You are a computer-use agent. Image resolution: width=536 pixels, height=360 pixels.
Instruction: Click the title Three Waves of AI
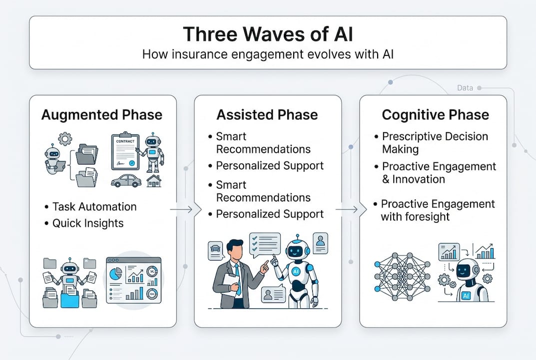click(268, 34)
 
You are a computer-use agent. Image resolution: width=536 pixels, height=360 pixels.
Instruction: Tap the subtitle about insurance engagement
click(268, 54)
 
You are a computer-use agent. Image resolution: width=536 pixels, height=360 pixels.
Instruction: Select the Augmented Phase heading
click(102, 114)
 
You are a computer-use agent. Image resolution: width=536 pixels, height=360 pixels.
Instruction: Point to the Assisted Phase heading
click(267, 114)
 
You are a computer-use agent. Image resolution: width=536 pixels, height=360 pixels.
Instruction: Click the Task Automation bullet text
click(94, 207)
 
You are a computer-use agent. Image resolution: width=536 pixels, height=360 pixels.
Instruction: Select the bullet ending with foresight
click(437, 210)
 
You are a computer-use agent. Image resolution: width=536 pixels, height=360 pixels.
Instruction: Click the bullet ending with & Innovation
click(439, 172)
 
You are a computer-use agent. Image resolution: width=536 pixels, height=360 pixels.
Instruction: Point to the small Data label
click(465, 88)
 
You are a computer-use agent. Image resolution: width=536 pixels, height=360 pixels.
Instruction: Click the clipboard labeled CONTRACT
click(125, 151)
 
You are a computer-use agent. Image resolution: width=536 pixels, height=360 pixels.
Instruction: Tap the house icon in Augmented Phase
click(154, 180)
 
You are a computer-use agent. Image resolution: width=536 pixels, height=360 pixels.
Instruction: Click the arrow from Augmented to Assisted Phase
click(183, 209)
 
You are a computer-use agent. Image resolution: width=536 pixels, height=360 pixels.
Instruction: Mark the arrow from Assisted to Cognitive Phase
click(348, 209)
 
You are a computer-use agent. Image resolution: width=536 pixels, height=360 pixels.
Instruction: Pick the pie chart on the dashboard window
click(116, 274)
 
